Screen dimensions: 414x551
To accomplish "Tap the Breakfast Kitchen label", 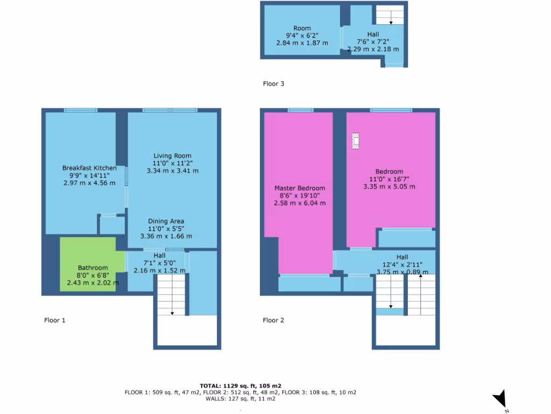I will click(x=89, y=168).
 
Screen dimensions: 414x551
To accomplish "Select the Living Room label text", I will click(x=172, y=156).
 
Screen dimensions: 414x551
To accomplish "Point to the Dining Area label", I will click(x=166, y=221).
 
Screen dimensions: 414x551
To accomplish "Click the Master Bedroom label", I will click(x=300, y=188).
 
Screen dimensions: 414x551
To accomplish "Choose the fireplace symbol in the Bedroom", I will click(x=355, y=141).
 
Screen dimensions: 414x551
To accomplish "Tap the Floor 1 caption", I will click(x=54, y=320).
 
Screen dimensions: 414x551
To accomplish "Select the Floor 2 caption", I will click(x=273, y=320).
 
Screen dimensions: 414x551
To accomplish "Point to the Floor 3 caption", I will click(x=273, y=84).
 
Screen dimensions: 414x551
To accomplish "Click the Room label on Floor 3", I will click(x=302, y=29).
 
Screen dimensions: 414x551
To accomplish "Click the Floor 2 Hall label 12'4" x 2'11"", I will click(x=402, y=265).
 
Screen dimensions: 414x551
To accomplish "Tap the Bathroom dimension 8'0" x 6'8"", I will click(x=93, y=275).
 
